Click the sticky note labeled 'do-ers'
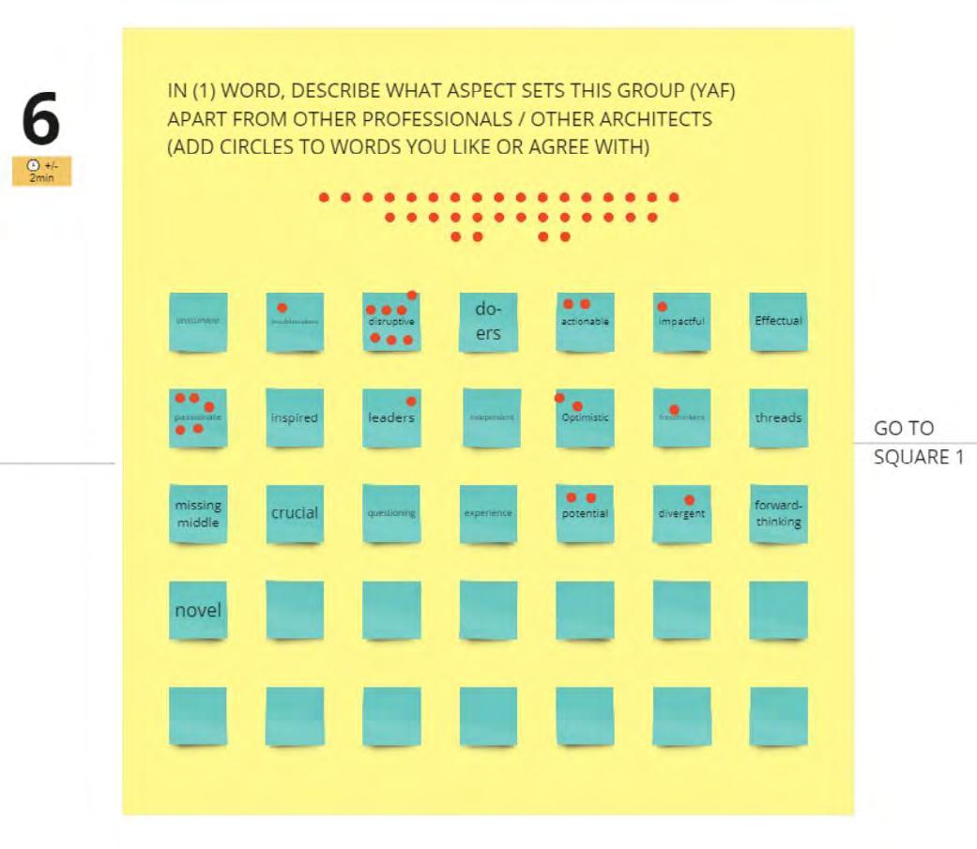488,322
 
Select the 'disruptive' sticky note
391,322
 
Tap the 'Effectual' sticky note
778,322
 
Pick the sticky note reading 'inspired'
295,418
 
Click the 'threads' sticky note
778,418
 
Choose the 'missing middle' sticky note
198,514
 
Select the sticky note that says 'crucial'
295,514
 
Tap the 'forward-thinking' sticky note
778,514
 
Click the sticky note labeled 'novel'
198,611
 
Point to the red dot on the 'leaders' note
411,402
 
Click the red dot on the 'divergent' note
689,500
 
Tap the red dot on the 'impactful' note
663,307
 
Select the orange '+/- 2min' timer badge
41,172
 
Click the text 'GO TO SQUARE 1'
918,443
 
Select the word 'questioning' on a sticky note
391,513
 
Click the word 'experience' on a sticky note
488,513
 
